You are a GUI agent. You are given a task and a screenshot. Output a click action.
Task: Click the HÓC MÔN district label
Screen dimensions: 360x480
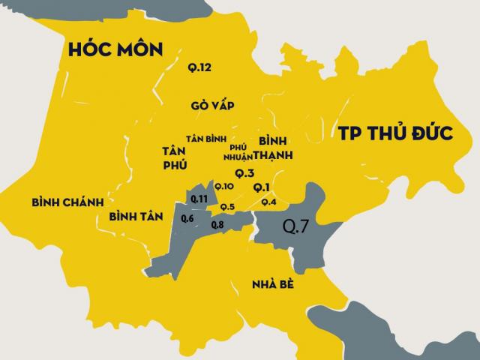tap(115, 50)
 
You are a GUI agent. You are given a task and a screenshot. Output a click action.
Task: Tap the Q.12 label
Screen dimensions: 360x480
tap(199, 68)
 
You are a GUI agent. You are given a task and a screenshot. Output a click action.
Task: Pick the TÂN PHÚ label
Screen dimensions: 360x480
tap(174, 157)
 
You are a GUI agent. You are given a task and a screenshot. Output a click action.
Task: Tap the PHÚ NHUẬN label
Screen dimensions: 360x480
tap(238, 152)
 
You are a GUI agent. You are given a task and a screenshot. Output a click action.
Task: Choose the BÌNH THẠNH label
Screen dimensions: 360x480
tap(274, 148)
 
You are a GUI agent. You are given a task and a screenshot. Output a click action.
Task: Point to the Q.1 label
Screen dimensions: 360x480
tap(262, 186)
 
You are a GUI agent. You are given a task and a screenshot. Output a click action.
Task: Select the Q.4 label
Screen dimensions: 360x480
tap(268, 202)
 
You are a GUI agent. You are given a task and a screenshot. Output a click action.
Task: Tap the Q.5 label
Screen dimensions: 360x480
tap(227, 207)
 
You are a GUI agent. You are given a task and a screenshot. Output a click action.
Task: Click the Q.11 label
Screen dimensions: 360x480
tap(199, 198)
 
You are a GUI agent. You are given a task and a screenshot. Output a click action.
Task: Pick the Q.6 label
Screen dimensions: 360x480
tap(187, 218)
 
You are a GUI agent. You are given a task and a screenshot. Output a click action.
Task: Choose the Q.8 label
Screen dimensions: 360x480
tap(217, 224)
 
